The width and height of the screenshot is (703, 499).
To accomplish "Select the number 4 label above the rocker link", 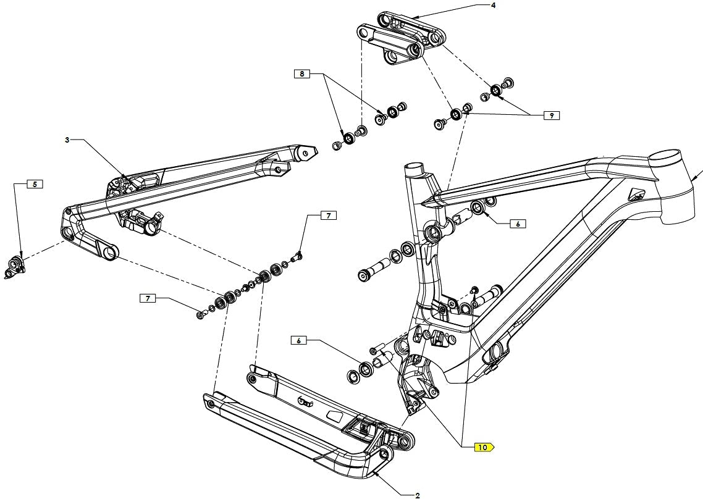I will coord(493,6).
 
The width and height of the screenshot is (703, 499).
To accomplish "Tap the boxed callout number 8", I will coord(301,74).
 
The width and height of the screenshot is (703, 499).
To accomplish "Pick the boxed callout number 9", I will coord(551,115).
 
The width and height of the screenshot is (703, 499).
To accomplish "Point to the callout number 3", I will coord(67,140).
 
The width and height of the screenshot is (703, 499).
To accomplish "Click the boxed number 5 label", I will coord(35,184).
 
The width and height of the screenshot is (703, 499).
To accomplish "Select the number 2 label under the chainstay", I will coord(418,494).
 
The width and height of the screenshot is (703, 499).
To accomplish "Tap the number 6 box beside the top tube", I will coord(518,224).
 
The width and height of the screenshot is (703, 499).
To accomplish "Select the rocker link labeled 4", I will coord(402,37).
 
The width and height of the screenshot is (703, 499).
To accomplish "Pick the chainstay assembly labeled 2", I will coord(303,426).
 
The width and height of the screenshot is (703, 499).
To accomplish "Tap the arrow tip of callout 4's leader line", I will coord(413,15).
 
